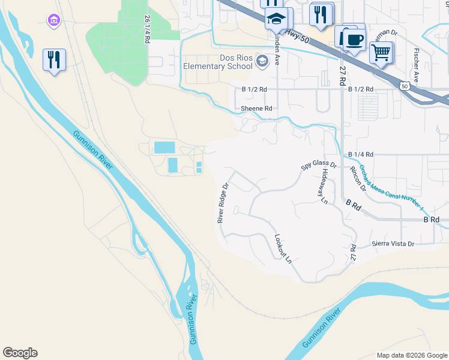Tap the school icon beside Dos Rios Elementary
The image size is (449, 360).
(262, 61)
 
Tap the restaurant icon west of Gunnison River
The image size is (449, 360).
(54, 59)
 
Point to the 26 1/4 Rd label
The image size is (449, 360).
(146, 28)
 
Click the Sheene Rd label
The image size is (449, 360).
(256, 109)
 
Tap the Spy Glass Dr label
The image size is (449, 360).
(319, 164)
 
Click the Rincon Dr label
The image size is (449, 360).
(358, 179)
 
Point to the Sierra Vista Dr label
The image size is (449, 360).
(393, 244)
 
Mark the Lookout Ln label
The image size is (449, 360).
(283, 249)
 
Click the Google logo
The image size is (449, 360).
(20, 353)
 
